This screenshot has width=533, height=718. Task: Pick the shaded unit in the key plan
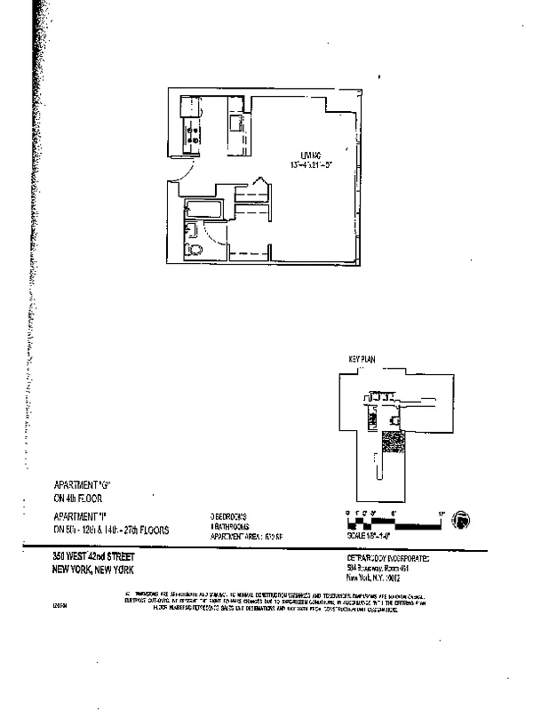point(391,442)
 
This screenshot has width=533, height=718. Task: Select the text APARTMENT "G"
point(86,486)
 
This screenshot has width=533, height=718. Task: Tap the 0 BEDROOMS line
point(233,515)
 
